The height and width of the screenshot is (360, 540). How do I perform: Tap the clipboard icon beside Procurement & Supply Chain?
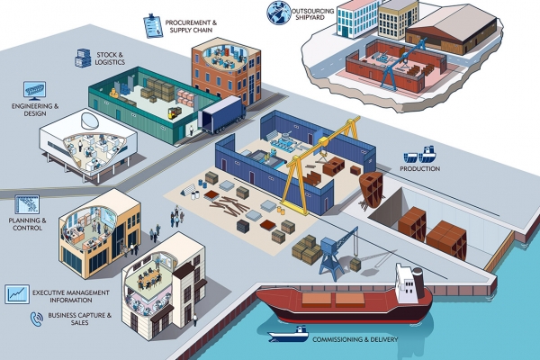[x=152, y=22]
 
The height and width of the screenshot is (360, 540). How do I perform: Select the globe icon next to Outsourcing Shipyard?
[x=277, y=12]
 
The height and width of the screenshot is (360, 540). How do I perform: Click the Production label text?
[x=420, y=168]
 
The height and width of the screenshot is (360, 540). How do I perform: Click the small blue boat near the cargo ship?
[x=288, y=335]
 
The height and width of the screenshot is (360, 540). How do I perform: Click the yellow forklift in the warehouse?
[x=175, y=113]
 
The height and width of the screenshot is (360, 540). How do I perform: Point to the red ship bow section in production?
[x=371, y=188]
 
